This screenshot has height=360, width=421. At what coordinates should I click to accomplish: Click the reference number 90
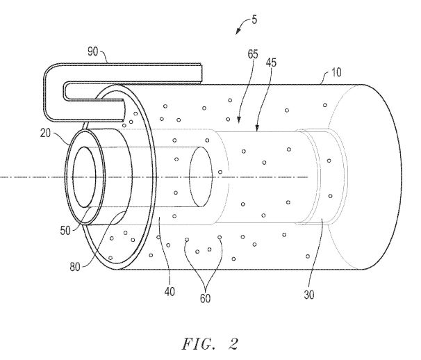coord(93,51)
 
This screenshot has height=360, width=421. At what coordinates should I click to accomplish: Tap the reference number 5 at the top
coord(254,19)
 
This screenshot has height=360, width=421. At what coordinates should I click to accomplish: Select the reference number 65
coord(253,54)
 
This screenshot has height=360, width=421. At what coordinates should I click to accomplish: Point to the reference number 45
coord(271,63)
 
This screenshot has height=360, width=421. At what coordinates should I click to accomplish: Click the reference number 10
coord(336,72)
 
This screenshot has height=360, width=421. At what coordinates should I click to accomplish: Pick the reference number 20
coord(45,133)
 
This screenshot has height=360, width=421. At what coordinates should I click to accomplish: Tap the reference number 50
coord(65,231)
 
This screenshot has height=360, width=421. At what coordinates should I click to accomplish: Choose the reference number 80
coord(75,267)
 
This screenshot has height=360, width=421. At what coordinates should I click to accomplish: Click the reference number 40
coord(170,291)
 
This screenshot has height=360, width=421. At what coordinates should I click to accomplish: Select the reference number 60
coord(205,298)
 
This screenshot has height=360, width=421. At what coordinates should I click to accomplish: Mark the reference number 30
coord(309,295)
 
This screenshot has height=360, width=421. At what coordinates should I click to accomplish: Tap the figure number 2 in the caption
coord(233,343)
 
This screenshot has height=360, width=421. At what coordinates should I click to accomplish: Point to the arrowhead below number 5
coord(238,32)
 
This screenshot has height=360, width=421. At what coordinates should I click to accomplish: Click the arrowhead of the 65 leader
coord(239,120)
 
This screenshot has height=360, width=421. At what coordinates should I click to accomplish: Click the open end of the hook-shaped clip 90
coord(201,72)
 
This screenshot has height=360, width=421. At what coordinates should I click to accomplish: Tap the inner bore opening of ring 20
coord(84,177)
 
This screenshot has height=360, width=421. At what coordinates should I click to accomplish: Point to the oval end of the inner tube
coord(201,177)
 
